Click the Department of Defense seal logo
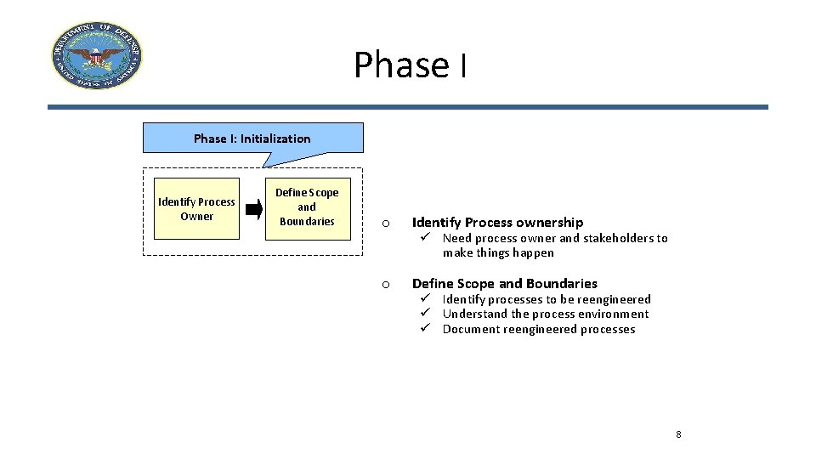(96, 56)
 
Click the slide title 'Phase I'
(410, 65)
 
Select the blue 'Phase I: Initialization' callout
(252, 138)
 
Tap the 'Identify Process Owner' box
(196, 209)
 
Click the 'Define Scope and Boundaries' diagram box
(307, 207)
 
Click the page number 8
(678, 434)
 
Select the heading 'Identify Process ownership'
(497, 223)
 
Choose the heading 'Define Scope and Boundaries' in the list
(504, 284)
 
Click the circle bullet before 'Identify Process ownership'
(385, 224)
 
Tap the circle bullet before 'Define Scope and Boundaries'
(385, 285)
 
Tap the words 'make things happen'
(498, 252)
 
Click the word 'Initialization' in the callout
(275, 138)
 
